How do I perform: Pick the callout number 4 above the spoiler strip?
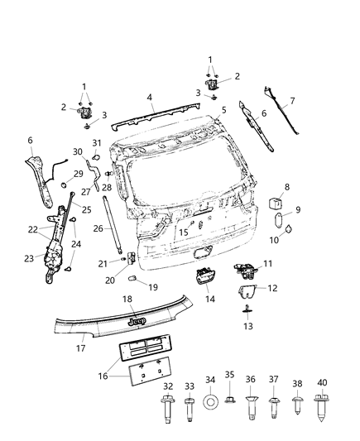(x=150, y=97)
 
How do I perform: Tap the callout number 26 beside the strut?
(x=97, y=228)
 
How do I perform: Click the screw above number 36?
(x=251, y=405)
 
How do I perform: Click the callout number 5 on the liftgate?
(x=224, y=109)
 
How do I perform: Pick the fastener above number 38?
(x=298, y=406)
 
